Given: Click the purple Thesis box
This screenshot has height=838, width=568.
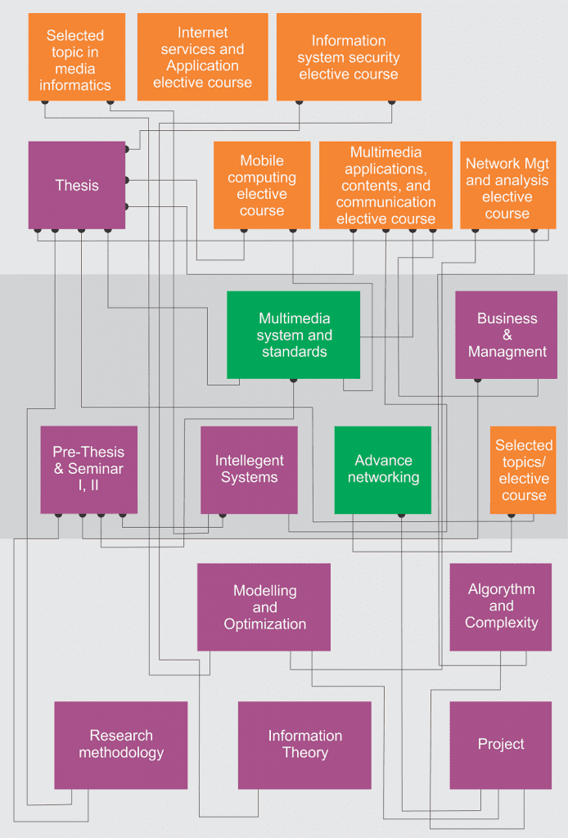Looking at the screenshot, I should pos(77,186).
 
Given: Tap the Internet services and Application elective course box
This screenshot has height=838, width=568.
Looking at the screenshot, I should pos(202,57).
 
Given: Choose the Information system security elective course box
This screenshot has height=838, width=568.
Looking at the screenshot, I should pos(349,57).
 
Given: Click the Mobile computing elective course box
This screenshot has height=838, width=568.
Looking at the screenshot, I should pos(262,186).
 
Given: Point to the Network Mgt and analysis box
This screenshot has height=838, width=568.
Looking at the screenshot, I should pos(507,186).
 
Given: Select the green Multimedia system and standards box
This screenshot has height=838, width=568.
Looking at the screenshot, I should pos(294,336).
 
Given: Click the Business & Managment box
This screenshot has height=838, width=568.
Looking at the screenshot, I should pos(507,336).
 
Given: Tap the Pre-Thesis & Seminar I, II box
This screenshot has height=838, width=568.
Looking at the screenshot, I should pos(88,470).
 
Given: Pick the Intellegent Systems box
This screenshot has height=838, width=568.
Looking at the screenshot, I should pos(249,470).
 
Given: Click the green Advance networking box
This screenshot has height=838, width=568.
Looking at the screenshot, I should pos(383,470).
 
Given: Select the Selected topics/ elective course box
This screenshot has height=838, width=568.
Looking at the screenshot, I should pos(524,470).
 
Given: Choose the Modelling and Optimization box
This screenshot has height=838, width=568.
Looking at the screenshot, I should pos(264,607).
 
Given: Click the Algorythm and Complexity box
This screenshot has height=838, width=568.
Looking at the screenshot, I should pos(501,607).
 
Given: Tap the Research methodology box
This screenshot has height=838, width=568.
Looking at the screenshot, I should pos(121,745).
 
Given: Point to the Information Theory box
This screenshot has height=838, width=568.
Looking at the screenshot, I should pos(304,745).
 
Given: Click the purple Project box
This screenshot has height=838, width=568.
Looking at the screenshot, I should pos(501,745).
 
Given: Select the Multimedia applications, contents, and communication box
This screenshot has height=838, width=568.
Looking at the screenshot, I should pos(385,186).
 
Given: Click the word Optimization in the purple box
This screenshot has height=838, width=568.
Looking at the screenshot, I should pos(265,624).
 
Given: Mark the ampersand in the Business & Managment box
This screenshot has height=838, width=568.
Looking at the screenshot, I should pos(507,336).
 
